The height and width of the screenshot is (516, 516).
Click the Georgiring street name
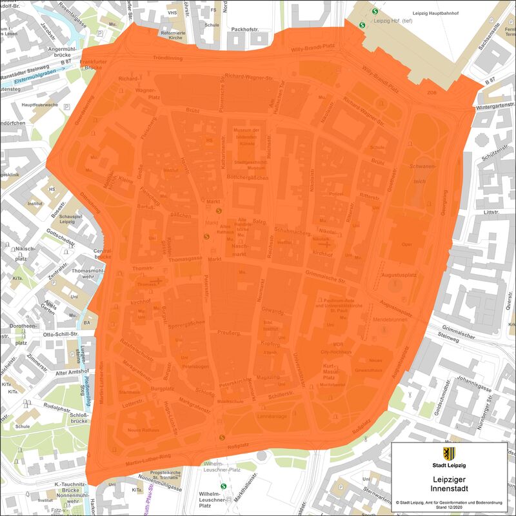pos(443,200)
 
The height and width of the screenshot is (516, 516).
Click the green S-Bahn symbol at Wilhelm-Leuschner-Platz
pos(224,486)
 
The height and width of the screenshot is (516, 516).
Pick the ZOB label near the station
pos(432,93)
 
